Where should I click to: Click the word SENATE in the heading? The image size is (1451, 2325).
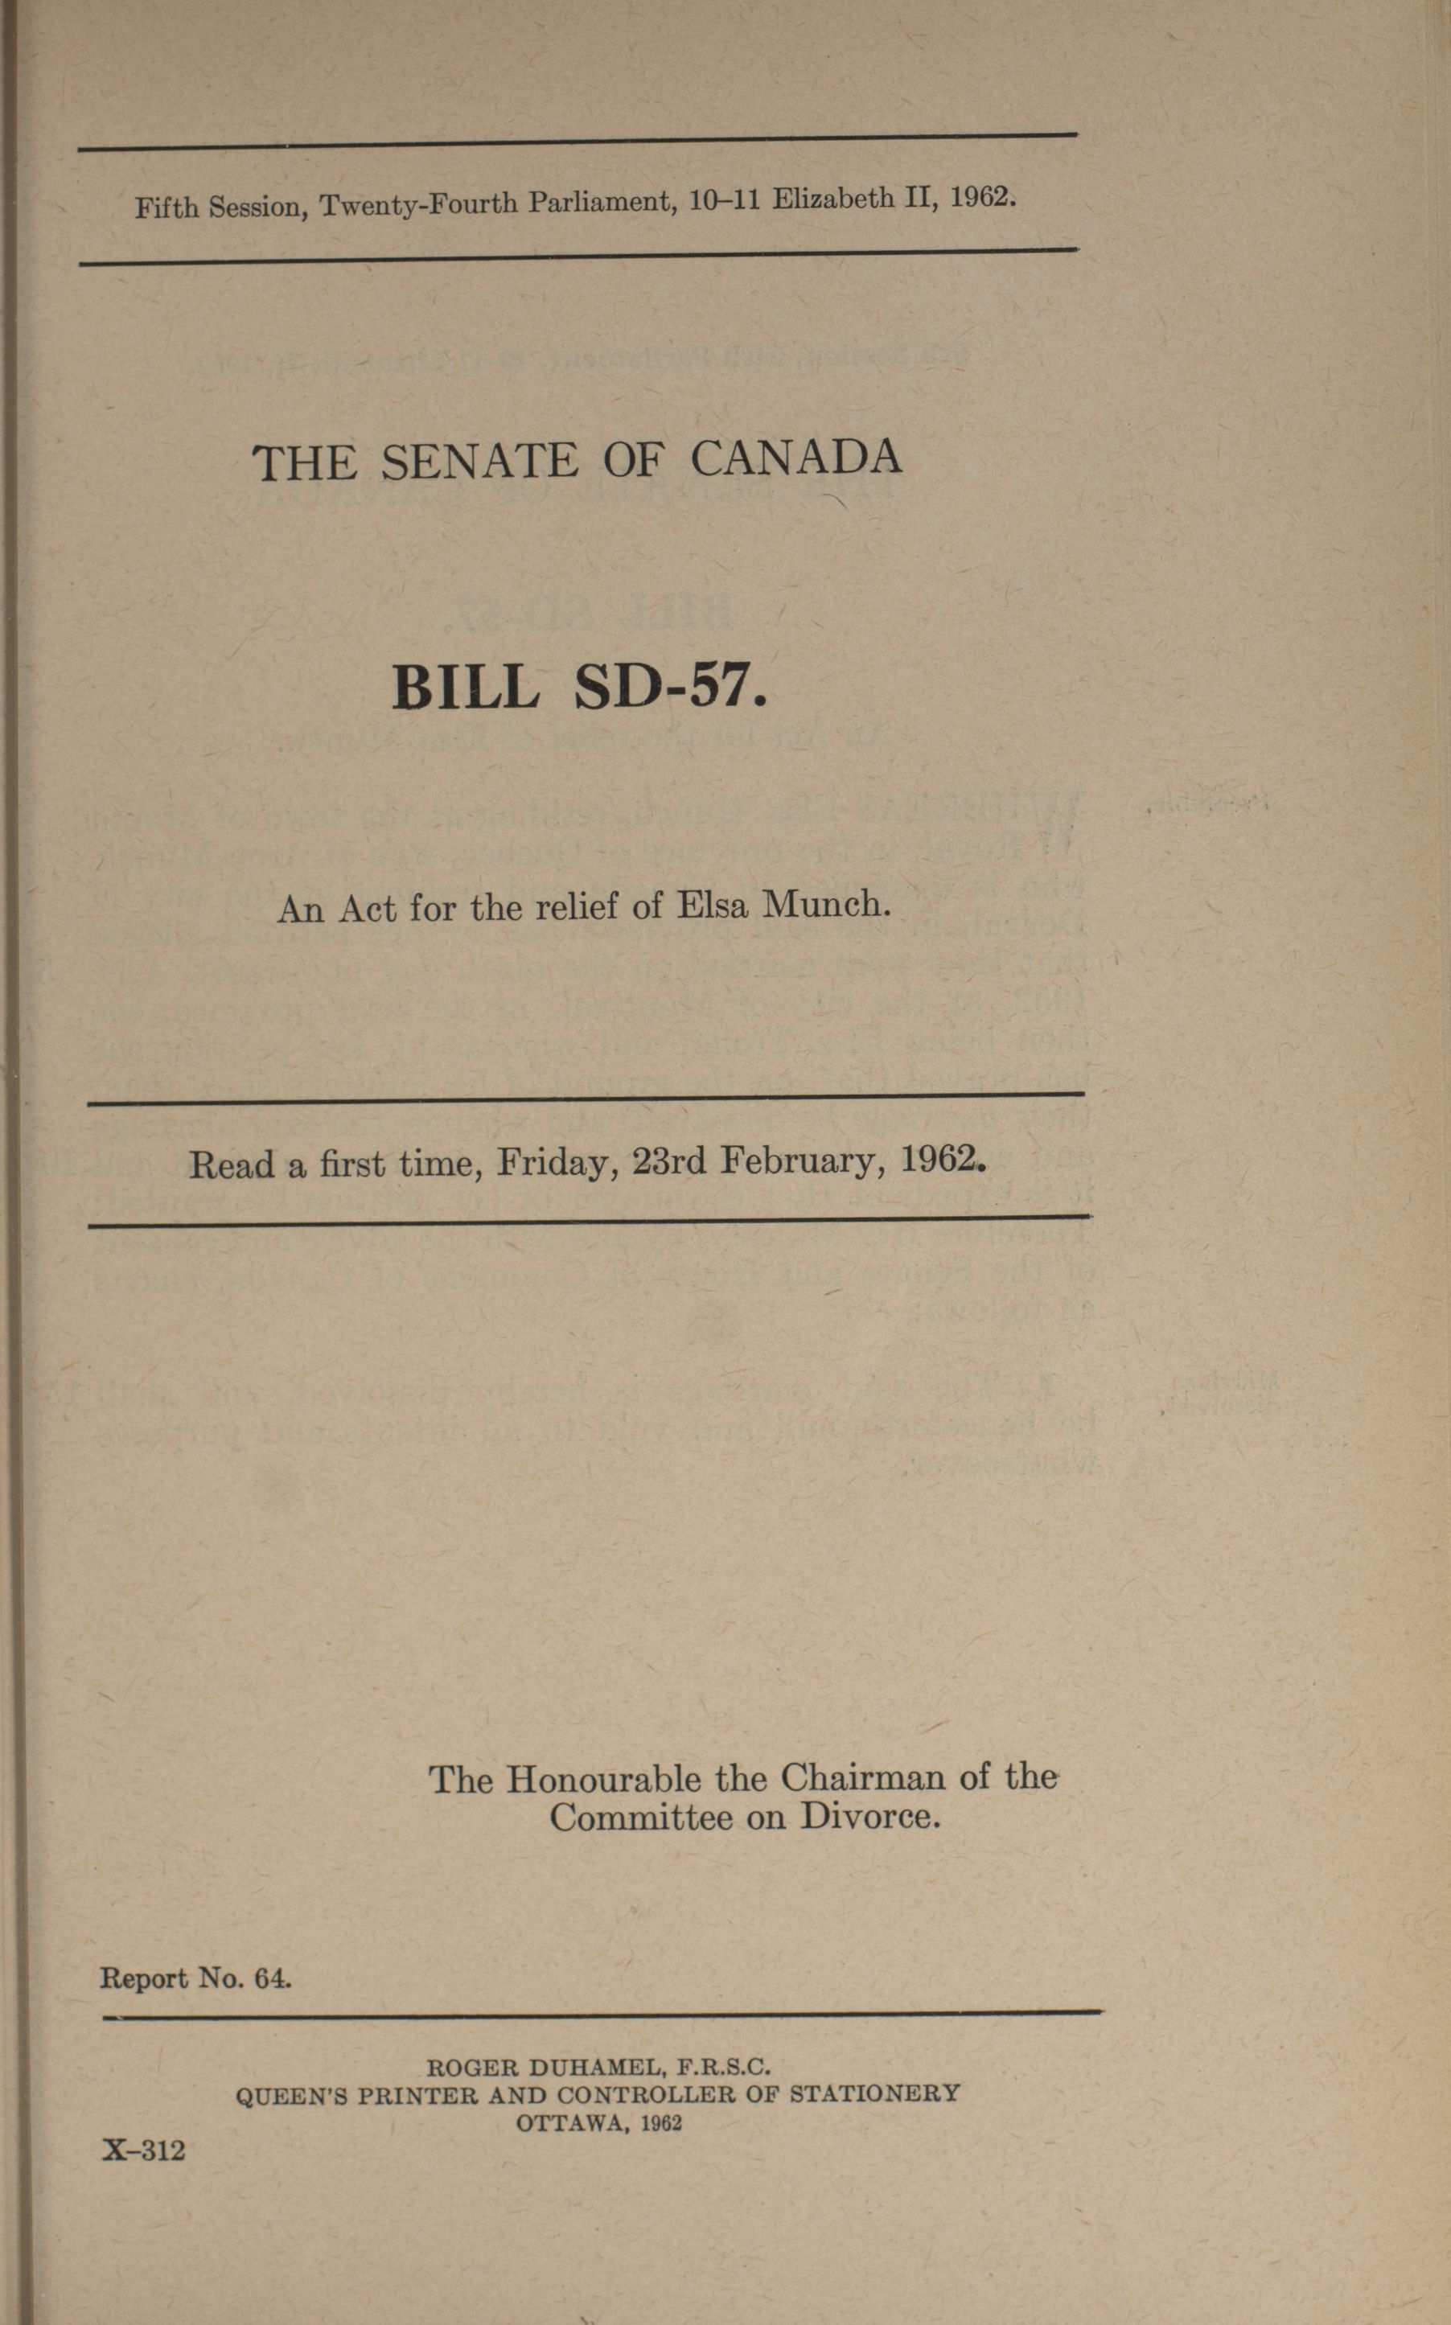tap(480, 462)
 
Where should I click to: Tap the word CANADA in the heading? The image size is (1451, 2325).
tap(795, 458)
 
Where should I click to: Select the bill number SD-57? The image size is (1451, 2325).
tap(670, 687)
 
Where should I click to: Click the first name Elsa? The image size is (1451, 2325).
tap(712, 905)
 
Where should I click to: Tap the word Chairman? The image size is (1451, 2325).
tap(861, 1778)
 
